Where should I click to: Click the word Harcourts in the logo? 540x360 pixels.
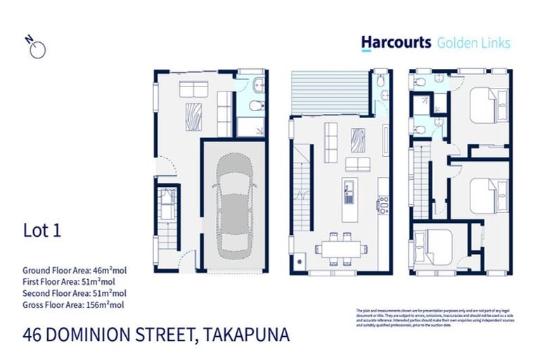[396, 42]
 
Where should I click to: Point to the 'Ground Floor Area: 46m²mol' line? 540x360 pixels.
[75, 270]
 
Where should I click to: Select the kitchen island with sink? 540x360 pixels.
[349, 198]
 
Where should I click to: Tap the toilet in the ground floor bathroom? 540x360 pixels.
[257, 107]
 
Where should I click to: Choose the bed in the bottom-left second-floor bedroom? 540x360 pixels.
[430, 247]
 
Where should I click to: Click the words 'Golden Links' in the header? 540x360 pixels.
[474, 42]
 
